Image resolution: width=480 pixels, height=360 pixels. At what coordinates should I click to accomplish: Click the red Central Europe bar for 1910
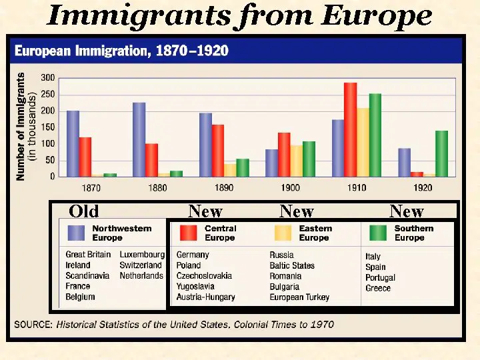(350, 129)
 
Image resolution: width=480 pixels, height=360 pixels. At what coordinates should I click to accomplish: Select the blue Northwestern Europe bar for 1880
(139, 139)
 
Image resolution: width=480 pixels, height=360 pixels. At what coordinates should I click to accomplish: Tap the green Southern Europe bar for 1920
(441, 154)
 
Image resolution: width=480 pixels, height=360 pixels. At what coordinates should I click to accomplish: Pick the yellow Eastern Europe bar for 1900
(296, 161)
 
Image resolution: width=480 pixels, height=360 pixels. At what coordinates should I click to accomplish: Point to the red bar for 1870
(85, 157)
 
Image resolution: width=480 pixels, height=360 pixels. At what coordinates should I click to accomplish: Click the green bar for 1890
(243, 168)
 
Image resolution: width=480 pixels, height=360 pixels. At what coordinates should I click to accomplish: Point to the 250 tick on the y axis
(48, 95)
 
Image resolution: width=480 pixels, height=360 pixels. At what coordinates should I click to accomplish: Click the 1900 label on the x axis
(290, 187)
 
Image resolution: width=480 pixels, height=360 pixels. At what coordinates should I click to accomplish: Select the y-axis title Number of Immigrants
(21, 127)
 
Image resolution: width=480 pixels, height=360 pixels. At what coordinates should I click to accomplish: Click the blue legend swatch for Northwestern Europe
(76, 233)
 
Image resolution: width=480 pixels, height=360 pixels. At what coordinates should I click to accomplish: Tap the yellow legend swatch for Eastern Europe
(283, 233)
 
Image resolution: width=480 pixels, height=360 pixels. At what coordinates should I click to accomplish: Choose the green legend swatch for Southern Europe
(379, 233)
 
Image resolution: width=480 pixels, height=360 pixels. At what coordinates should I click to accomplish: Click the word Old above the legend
(83, 211)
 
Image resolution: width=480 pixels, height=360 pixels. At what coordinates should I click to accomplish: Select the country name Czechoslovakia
(204, 276)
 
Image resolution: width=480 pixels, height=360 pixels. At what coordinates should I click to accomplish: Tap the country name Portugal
(380, 277)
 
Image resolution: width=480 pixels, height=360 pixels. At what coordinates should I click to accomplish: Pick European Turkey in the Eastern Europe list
(299, 297)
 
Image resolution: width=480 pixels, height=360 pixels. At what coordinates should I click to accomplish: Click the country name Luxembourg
(142, 255)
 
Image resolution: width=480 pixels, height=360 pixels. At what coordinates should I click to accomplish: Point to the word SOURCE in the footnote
(33, 325)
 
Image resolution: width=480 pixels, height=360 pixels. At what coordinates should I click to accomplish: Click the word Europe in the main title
(377, 16)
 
